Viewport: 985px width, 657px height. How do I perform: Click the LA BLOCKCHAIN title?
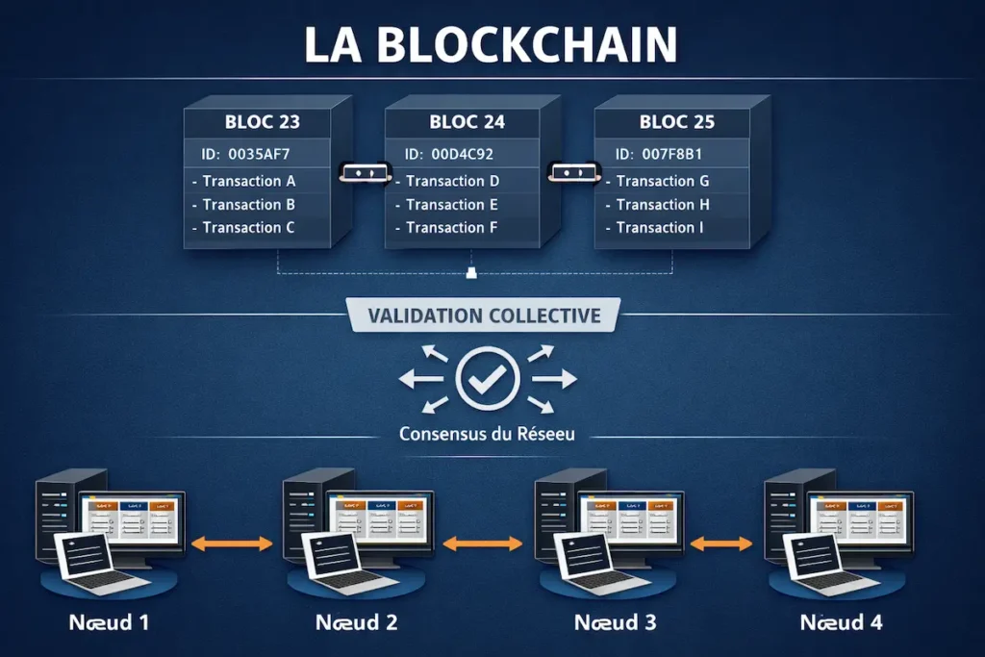492,45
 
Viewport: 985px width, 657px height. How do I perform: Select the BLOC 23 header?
262,122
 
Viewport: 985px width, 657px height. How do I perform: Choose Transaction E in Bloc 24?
451,204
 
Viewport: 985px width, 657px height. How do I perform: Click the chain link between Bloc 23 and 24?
364,172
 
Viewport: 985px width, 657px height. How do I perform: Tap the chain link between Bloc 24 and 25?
573,172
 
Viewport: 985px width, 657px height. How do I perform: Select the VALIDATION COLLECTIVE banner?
486,316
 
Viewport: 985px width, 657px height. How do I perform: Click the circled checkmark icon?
488,379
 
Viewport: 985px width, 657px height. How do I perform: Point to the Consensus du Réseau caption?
487,434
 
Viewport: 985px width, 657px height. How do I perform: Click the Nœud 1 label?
109,622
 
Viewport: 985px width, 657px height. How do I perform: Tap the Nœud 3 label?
615,622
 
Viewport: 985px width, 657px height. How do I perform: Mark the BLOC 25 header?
677,122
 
